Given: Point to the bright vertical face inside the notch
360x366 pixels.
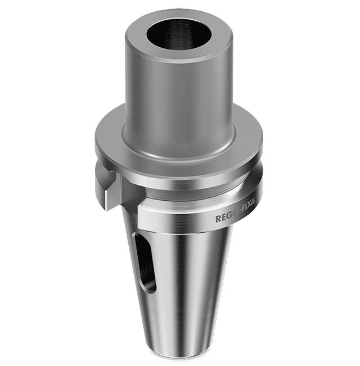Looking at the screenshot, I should coord(108,191).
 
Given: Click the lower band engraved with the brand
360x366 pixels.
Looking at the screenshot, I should coord(186,216).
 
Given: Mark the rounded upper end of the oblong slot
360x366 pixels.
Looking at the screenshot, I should coord(137,239).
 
